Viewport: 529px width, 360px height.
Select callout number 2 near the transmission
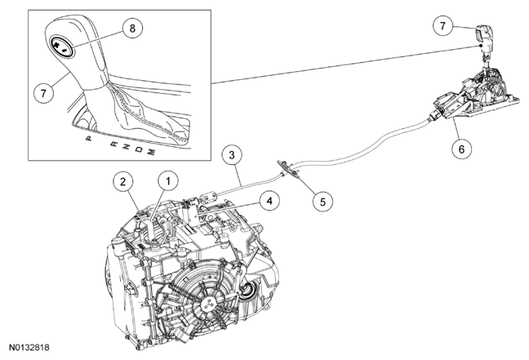coord(123,180)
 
